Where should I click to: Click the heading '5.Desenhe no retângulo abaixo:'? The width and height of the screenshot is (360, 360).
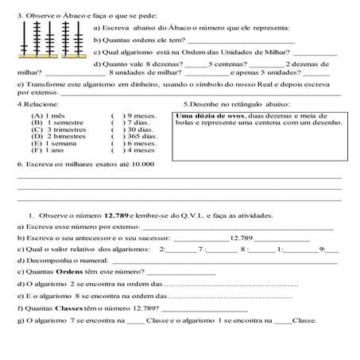tap(235, 104)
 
